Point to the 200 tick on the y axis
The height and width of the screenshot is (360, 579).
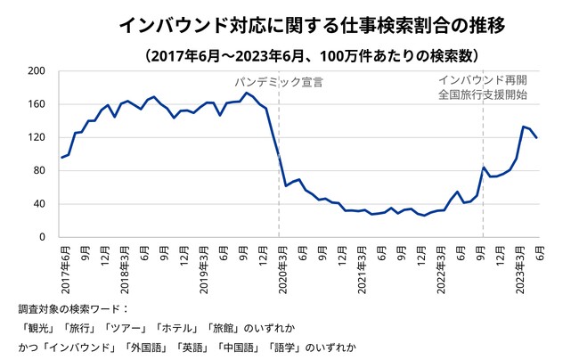tap(37, 70)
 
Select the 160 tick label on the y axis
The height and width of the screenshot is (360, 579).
tap(37, 103)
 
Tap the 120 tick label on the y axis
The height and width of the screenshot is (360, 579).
tap(37, 137)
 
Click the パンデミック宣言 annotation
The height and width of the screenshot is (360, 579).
tap(279, 82)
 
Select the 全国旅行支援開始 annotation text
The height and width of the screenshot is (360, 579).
tap(482, 94)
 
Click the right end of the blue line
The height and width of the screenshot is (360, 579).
tap(537, 137)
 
